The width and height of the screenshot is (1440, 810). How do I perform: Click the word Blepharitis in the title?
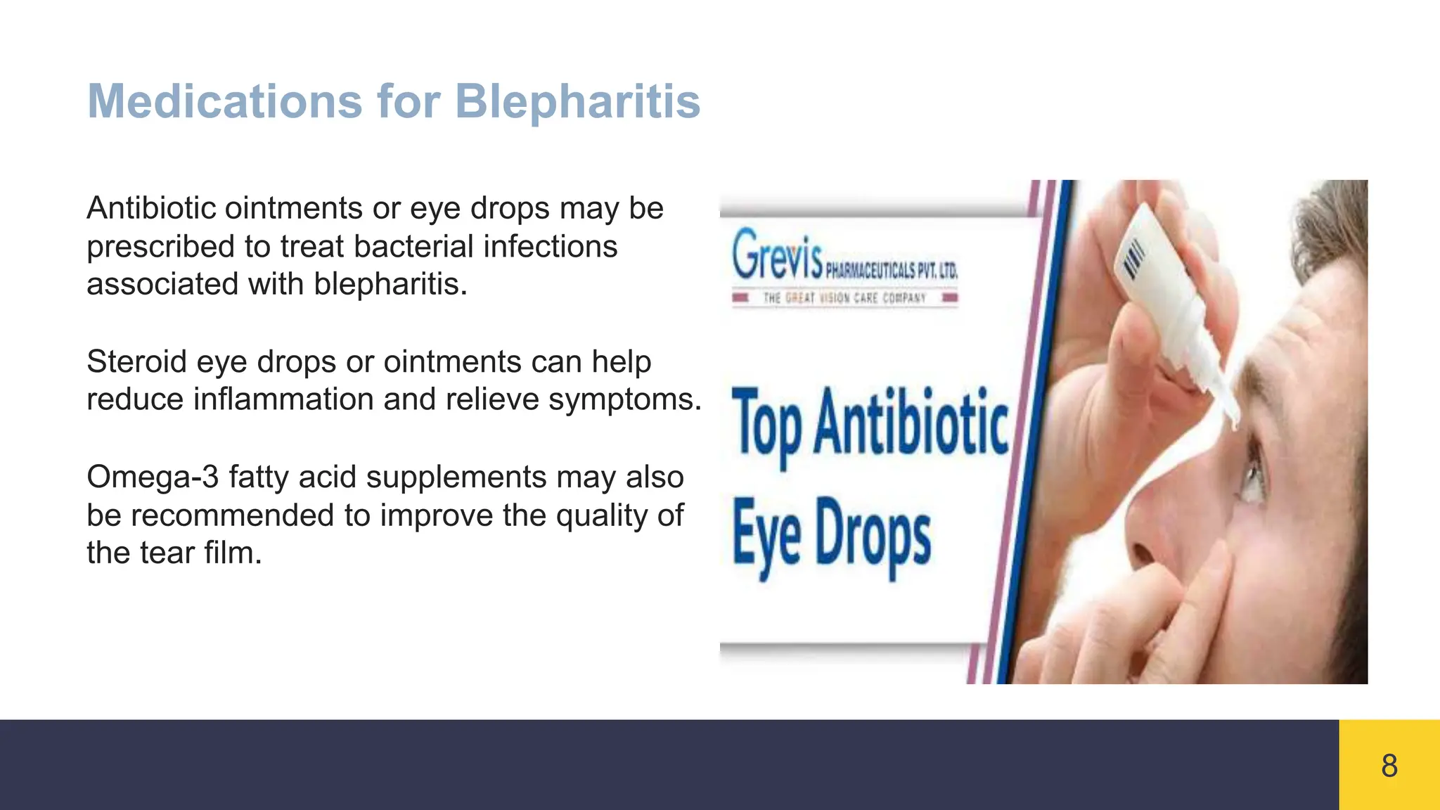(577, 101)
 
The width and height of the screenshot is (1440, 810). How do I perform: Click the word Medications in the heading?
(224, 101)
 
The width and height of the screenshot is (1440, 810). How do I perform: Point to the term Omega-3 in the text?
(152, 477)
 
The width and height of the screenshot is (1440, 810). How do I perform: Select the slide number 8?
(1389, 765)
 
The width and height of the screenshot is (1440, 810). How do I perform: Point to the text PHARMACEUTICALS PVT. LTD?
(891, 270)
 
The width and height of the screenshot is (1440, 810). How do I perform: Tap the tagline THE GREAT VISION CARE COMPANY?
(844, 298)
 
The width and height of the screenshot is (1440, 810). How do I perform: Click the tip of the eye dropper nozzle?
(1233, 422)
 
